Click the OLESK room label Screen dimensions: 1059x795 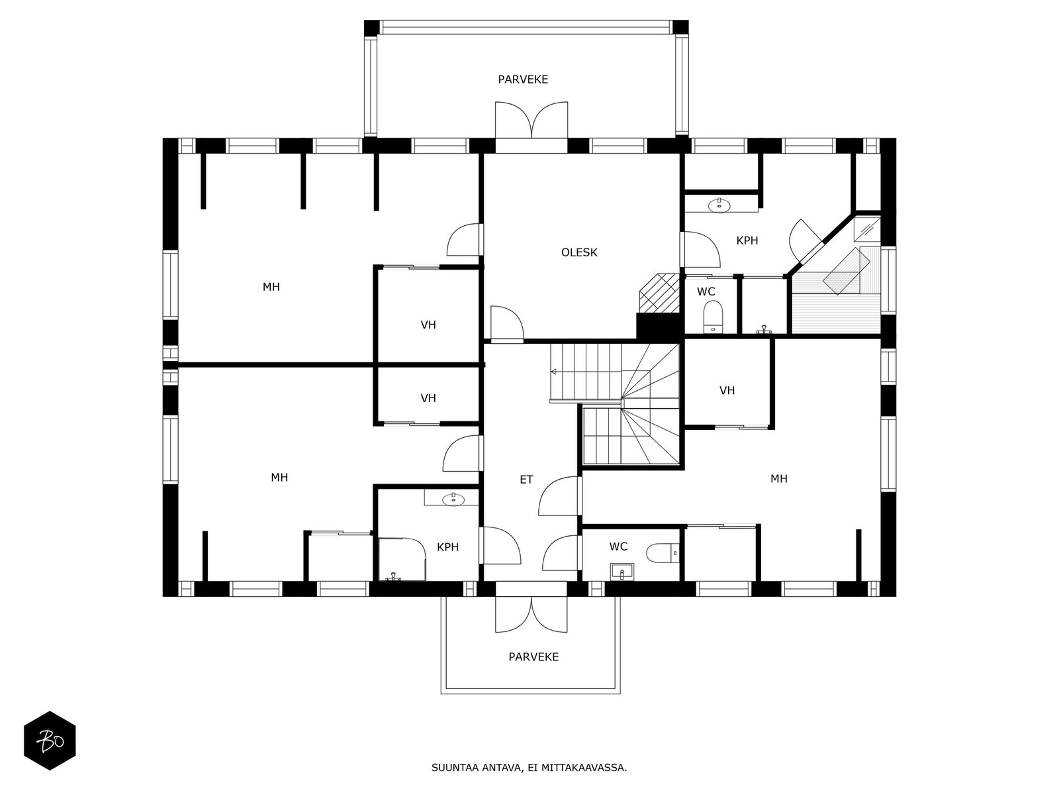point(579,252)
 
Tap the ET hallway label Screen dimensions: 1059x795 point(526,480)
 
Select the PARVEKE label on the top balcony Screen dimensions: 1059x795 point(523,79)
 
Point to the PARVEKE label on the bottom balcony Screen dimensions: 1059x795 point(533,657)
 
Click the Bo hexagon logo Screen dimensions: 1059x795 point(50,741)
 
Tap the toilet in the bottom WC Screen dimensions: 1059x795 point(663,553)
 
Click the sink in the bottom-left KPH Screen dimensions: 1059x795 point(453,499)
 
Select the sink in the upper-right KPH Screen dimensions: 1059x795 point(719,205)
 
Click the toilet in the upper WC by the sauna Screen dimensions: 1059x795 point(713,317)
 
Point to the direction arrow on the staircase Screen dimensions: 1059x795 point(553,372)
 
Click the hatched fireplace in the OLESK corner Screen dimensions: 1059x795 point(659,293)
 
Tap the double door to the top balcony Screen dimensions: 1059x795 point(531,120)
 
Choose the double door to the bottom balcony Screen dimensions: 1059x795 point(531,615)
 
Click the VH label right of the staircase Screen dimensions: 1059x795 point(727,390)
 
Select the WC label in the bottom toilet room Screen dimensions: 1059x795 point(618,547)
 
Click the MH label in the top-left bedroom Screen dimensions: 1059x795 point(271,288)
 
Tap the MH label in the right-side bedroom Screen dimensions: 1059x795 point(778,479)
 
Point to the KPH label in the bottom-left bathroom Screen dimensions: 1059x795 point(447,547)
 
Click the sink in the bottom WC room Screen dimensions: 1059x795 point(622,572)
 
